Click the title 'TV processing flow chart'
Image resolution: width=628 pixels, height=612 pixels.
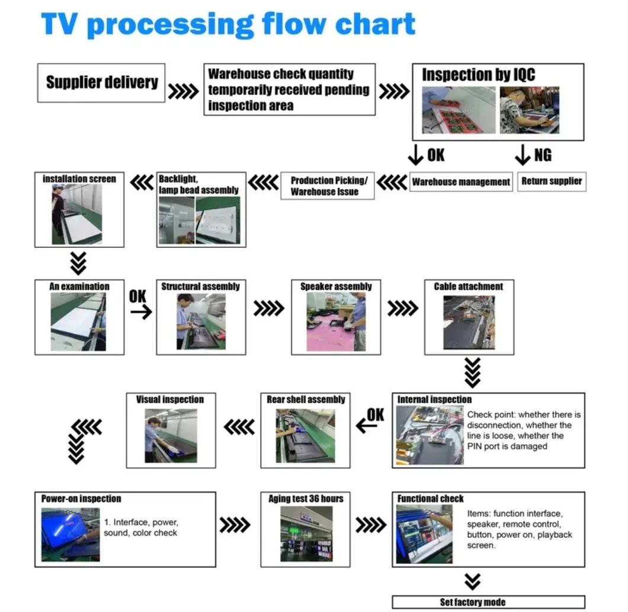228,25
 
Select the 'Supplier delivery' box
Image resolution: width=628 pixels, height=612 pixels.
102,82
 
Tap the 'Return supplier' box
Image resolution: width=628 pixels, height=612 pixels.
552,181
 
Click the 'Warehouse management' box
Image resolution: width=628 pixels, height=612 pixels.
461,182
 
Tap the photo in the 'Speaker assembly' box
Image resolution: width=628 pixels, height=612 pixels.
336,321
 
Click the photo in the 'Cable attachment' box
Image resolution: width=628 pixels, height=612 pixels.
469,322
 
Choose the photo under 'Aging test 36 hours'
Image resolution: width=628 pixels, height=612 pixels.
306,534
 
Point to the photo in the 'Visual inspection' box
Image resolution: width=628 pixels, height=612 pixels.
171,435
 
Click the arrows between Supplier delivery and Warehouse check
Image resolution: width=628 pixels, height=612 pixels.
184,92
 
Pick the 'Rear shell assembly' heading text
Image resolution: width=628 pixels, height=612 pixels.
306,399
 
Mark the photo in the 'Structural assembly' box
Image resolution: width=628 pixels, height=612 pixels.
201,321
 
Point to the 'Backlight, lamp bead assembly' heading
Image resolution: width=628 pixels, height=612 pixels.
198,184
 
